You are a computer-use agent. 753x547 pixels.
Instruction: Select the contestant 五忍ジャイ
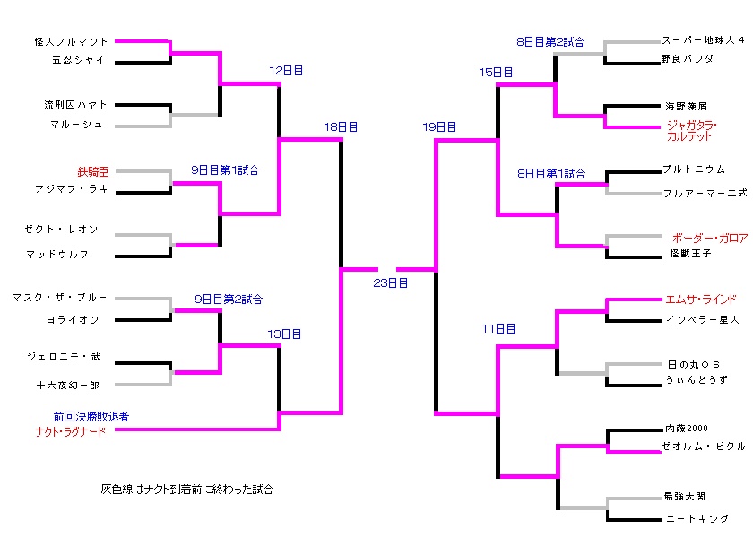(x=79, y=61)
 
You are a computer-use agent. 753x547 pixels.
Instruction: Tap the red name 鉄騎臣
(x=93, y=170)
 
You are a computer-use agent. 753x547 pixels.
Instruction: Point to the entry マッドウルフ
(x=57, y=255)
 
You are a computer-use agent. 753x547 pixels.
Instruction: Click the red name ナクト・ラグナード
(x=65, y=431)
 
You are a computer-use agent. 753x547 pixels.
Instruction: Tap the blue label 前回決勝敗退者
(x=91, y=417)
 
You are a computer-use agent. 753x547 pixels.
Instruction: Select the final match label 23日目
(x=390, y=282)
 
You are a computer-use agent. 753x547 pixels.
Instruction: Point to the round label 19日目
(x=439, y=127)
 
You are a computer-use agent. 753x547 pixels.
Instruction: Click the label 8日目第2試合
(x=550, y=41)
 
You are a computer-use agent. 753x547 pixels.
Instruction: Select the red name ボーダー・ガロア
(x=709, y=238)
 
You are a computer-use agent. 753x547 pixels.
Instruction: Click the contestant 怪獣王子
(x=689, y=254)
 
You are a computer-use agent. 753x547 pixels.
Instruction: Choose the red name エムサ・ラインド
(x=700, y=300)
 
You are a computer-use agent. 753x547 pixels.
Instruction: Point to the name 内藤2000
(x=686, y=429)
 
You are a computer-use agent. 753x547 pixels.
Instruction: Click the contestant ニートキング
(x=697, y=518)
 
